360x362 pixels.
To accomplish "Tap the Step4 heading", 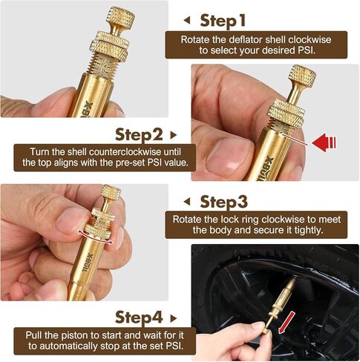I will pos(139,317).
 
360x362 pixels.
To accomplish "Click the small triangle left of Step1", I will pos(186,20).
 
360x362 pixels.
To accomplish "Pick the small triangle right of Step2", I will pos(174,135).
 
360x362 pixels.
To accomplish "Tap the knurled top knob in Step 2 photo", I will pos(302,77).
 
